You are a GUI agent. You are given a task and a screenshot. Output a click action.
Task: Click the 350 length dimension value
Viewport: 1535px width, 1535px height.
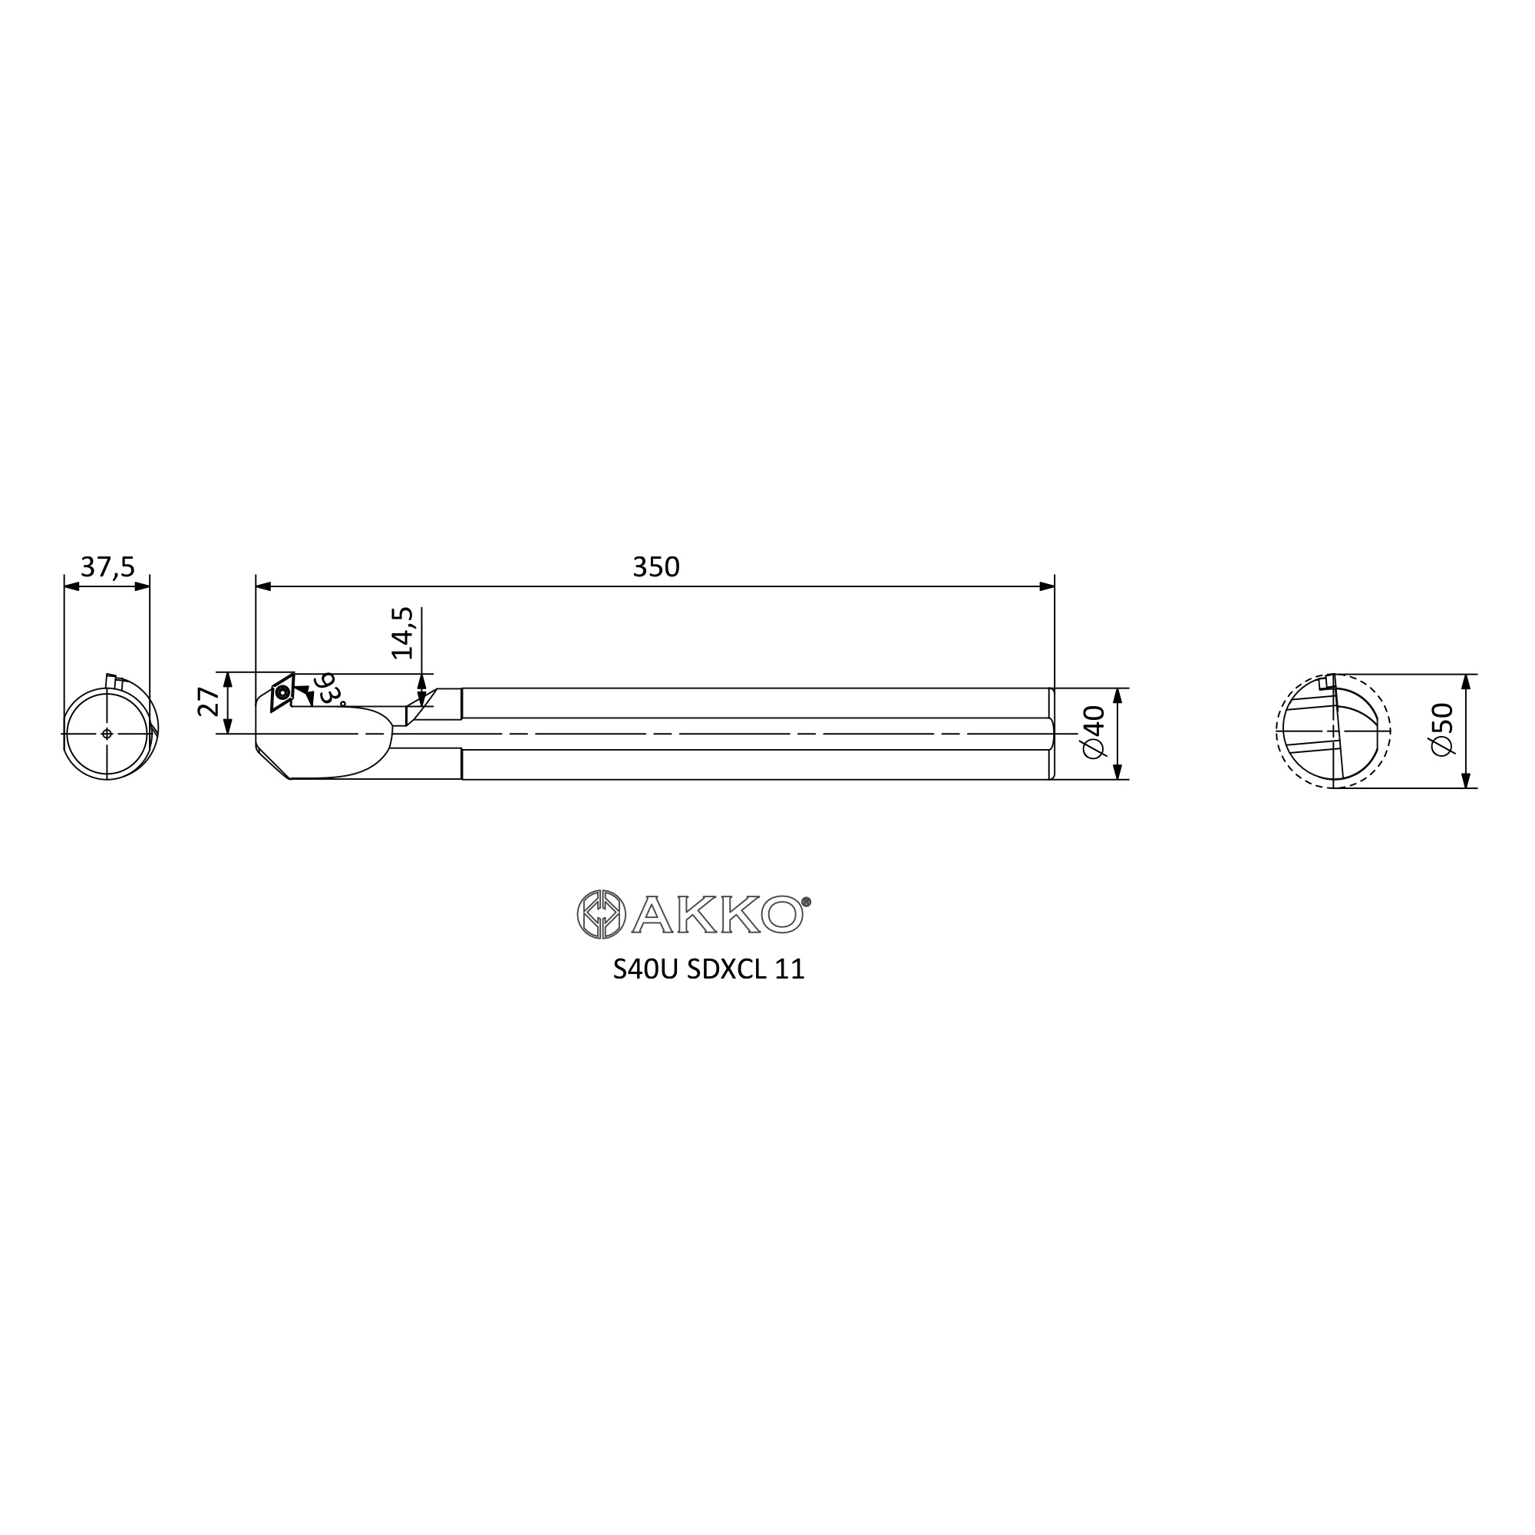pos(656,567)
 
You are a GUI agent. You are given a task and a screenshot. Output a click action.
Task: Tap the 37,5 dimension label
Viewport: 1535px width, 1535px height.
pos(108,567)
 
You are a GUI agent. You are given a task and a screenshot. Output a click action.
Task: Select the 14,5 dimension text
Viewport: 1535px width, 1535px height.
pos(403,633)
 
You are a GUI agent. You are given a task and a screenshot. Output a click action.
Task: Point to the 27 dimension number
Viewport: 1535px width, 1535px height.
pos(209,702)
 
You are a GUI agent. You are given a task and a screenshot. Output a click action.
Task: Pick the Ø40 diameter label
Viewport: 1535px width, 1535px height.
pos(1094,731)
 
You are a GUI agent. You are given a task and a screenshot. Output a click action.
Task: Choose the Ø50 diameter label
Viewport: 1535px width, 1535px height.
pos(1441,730)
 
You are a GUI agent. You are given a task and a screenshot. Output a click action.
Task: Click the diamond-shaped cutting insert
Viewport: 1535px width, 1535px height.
pos(282,692)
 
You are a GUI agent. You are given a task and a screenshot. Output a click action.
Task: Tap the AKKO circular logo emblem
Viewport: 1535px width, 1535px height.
pos(602,915)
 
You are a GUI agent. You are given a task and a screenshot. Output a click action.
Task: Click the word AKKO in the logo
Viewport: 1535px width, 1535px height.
pos(717,916)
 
